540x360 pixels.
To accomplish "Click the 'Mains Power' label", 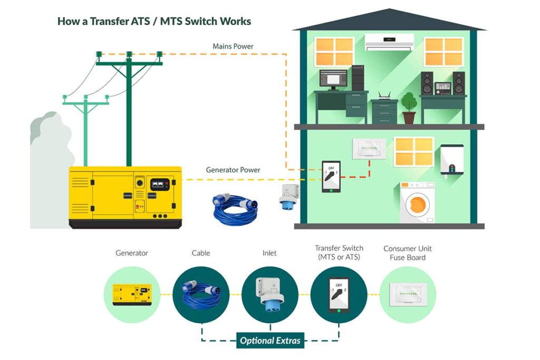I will pos(233,46).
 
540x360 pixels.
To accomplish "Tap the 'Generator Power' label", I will pos(233,170).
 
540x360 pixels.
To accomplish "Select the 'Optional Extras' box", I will pos(270,340).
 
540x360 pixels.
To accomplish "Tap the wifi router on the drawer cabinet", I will pos(384,96).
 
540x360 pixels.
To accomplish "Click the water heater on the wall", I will pos(452,160).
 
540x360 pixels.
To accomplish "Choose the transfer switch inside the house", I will pos(331,177).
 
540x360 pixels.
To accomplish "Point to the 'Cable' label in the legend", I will pos(200,253).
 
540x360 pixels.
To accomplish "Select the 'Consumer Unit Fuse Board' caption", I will pos(408,253).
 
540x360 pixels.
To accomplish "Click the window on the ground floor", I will pos(414,151).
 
